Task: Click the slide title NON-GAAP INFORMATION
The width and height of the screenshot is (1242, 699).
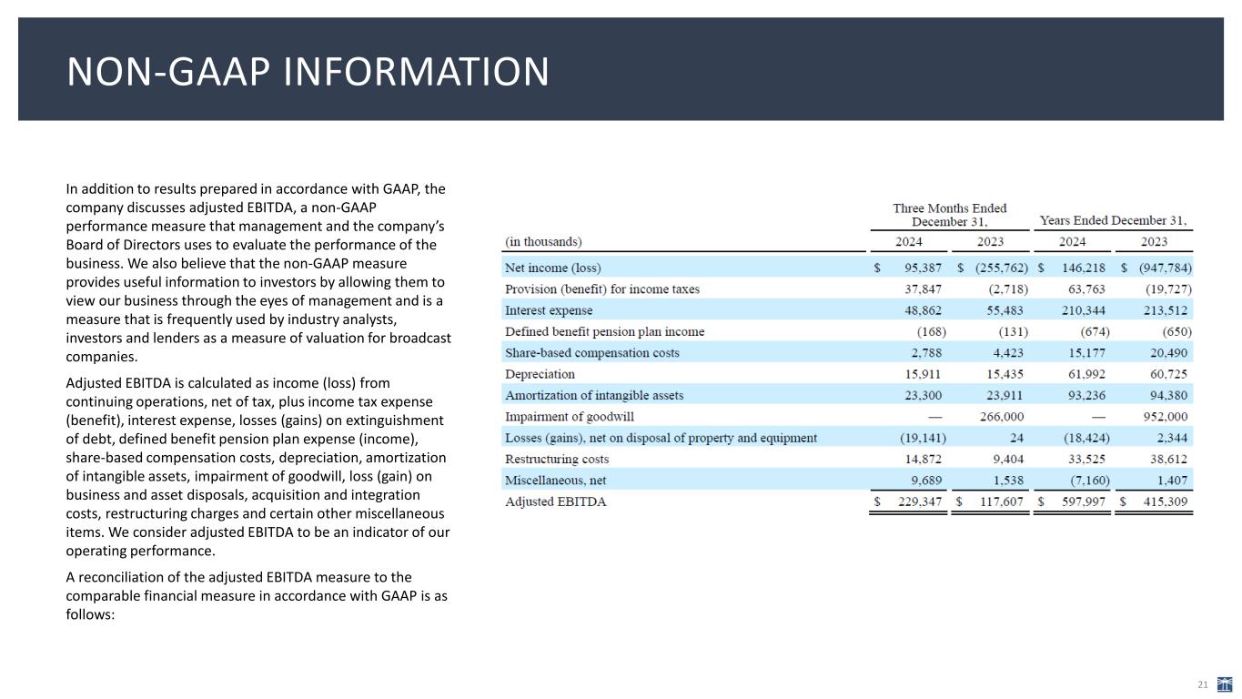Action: (x=308, y=72)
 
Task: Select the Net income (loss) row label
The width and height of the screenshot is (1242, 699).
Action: (x=553, y=268)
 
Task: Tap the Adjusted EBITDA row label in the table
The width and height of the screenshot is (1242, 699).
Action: (x=556, y=501)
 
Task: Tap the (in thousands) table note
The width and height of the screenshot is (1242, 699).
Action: (x=543, y=242)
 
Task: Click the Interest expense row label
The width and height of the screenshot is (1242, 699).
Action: (x=549, y=310)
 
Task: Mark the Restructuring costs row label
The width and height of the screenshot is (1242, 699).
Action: (x=557, y=459)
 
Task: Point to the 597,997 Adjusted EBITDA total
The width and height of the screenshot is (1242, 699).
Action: (x=1085, y=501)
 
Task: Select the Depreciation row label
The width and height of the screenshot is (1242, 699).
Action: (x=540, y=374)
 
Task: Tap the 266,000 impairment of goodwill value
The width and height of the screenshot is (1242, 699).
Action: (x=995, y=417)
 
